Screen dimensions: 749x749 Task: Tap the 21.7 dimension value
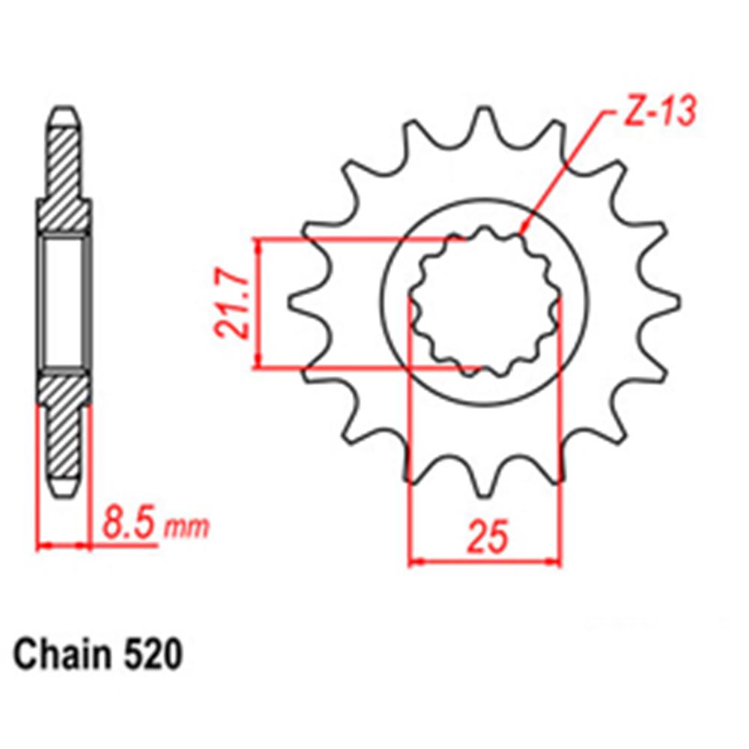(x=231, y=305)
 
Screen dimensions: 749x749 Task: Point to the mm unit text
(x=187, y=528)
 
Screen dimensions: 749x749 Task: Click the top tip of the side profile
(x=64, y=114)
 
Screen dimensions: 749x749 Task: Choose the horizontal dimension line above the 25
(x=485, y=560)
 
